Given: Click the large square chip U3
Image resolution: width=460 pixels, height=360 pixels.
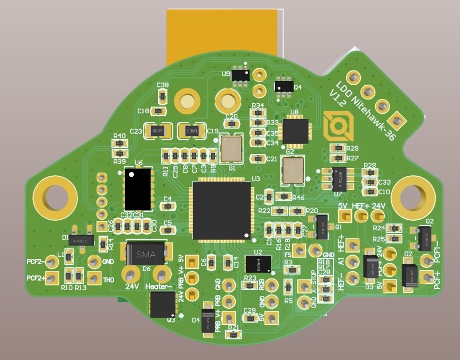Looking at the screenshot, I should point(222,210).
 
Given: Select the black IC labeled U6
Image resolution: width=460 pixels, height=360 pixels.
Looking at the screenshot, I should point(139,189).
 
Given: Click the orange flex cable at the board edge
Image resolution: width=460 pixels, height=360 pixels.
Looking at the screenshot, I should point(223,34).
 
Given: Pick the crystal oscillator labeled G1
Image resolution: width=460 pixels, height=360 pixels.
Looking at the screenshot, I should point(231,149).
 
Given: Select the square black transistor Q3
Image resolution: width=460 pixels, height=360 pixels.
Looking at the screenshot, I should point(163,304).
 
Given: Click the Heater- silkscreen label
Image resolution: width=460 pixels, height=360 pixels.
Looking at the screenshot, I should point(159,286).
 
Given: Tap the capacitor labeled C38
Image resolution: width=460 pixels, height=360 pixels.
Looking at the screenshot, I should point(163,96).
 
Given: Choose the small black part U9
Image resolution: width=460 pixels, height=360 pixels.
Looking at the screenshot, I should point(242,75).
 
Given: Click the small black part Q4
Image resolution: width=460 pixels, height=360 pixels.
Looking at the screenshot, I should point(284,86).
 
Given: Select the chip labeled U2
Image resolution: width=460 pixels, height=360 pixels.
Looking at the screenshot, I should point(258,263).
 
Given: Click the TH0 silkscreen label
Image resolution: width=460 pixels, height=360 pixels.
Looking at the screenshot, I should point(109,280).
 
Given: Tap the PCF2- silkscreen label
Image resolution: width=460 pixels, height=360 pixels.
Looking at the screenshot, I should point(36,262).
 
